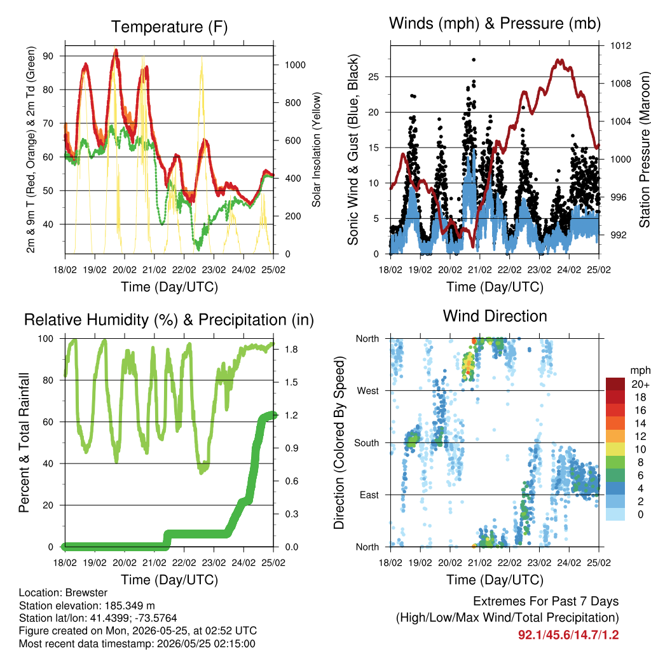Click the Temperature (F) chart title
169,27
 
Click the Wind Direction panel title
495,316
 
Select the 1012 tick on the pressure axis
620,46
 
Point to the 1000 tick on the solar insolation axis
295,65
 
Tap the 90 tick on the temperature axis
48,56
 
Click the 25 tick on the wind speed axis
374,77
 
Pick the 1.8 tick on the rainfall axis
291,349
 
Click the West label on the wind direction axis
368,391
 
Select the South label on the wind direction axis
367,443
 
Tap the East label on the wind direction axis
369,495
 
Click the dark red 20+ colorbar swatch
615,384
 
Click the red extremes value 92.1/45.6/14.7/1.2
568,635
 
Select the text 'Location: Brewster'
63,593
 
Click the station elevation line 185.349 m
86,605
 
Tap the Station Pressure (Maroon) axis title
644,149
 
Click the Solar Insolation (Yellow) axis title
317,149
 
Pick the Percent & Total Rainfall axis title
24,442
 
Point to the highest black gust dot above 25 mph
474,60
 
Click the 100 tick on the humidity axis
46,339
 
